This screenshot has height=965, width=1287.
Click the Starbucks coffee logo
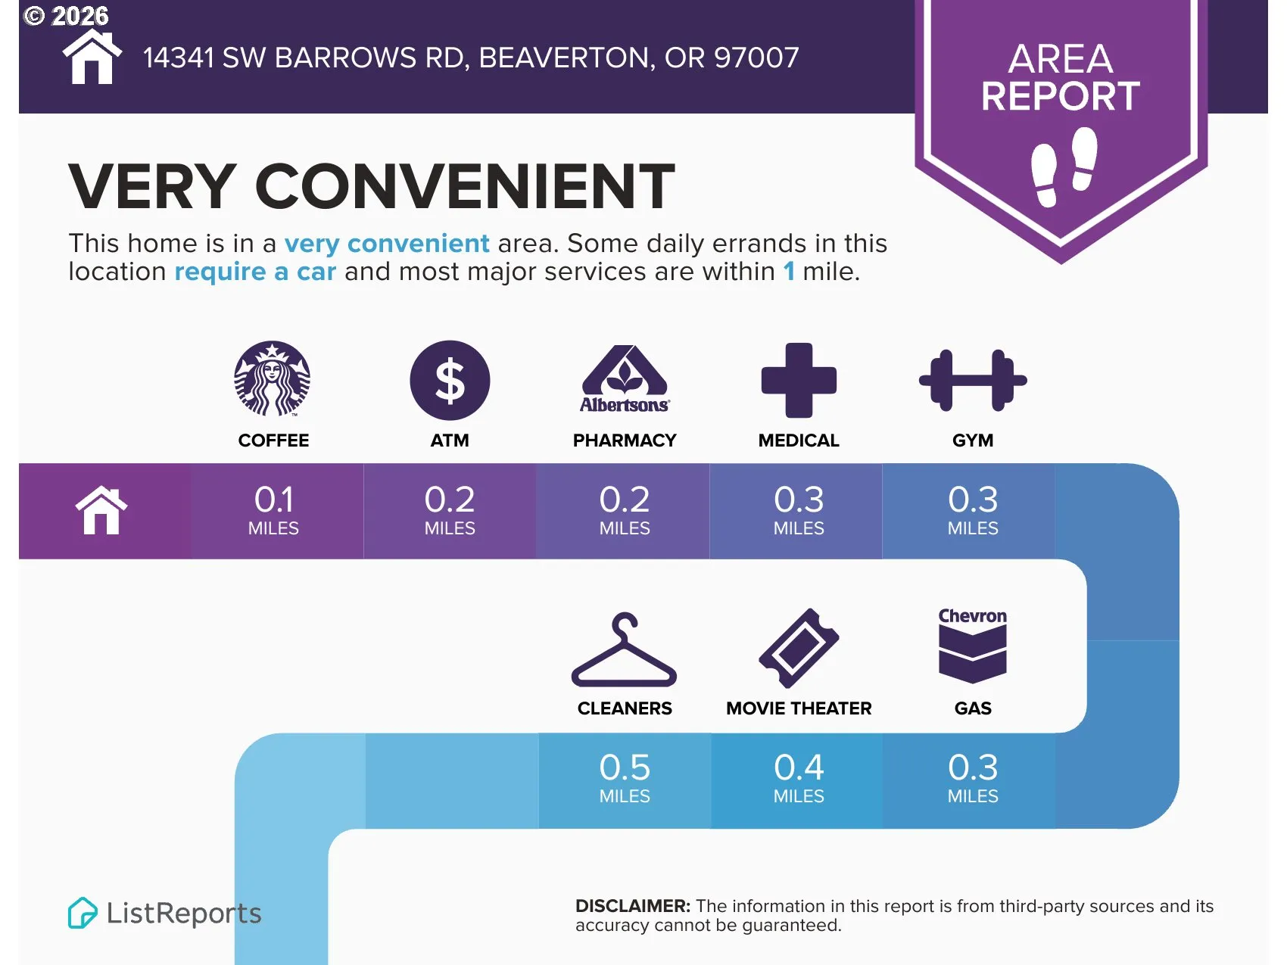coord(273,378)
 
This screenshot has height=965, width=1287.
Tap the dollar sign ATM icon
coord(450,380)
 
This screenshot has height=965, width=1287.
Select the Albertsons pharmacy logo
coord(625,379)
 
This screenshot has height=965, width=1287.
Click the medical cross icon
coord(799,380)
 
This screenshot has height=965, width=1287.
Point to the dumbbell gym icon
coord(973,380)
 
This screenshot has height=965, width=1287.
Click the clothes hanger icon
coord(624,650)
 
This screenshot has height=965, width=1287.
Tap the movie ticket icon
coord(799,648)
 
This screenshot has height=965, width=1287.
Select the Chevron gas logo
coord(973,645)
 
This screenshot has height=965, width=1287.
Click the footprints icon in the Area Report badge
coord(1064,167)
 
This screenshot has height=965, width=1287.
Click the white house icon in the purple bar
coord(101,511)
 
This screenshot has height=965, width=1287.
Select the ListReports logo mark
coord(82,913)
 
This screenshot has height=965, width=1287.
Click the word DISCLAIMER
coord(633,906)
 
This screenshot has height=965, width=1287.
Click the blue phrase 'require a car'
coord(255,271)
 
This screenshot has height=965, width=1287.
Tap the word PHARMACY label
coord(625,440)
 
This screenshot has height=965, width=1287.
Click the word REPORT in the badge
coord(1061,96)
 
